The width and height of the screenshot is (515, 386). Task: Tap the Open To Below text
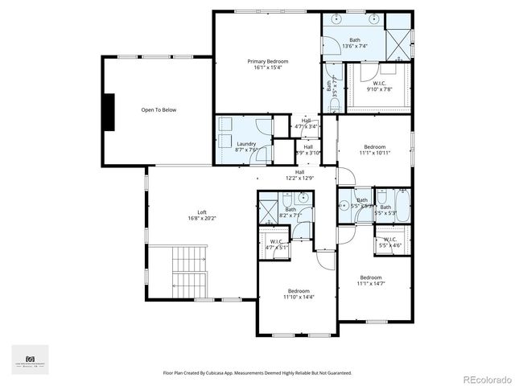tap(159, 110)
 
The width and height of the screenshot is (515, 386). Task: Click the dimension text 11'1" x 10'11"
tap(374, 153)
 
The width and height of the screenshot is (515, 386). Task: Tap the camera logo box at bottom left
tap(31, 359)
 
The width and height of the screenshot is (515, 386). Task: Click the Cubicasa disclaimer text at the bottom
tap(257, 373)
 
